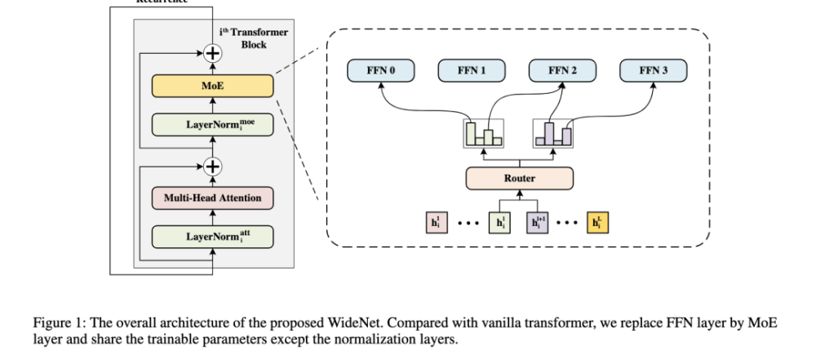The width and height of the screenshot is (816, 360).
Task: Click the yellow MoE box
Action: click(212, 84)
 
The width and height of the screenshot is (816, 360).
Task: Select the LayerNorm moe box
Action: click(212, 124)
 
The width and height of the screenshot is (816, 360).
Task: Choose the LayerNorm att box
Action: click(212, 237)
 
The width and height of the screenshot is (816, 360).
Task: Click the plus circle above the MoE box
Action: click(213, 54)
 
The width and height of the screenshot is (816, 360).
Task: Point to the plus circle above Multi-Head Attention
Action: click(213, 166)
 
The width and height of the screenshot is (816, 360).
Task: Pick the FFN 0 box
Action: click(381, 71)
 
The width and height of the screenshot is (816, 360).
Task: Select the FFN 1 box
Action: click(472, 71)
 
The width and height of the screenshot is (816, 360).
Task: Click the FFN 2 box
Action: click(562, 71)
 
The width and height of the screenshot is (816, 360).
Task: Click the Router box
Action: click(520, 176)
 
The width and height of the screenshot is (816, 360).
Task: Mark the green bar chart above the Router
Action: click(483, 133)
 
